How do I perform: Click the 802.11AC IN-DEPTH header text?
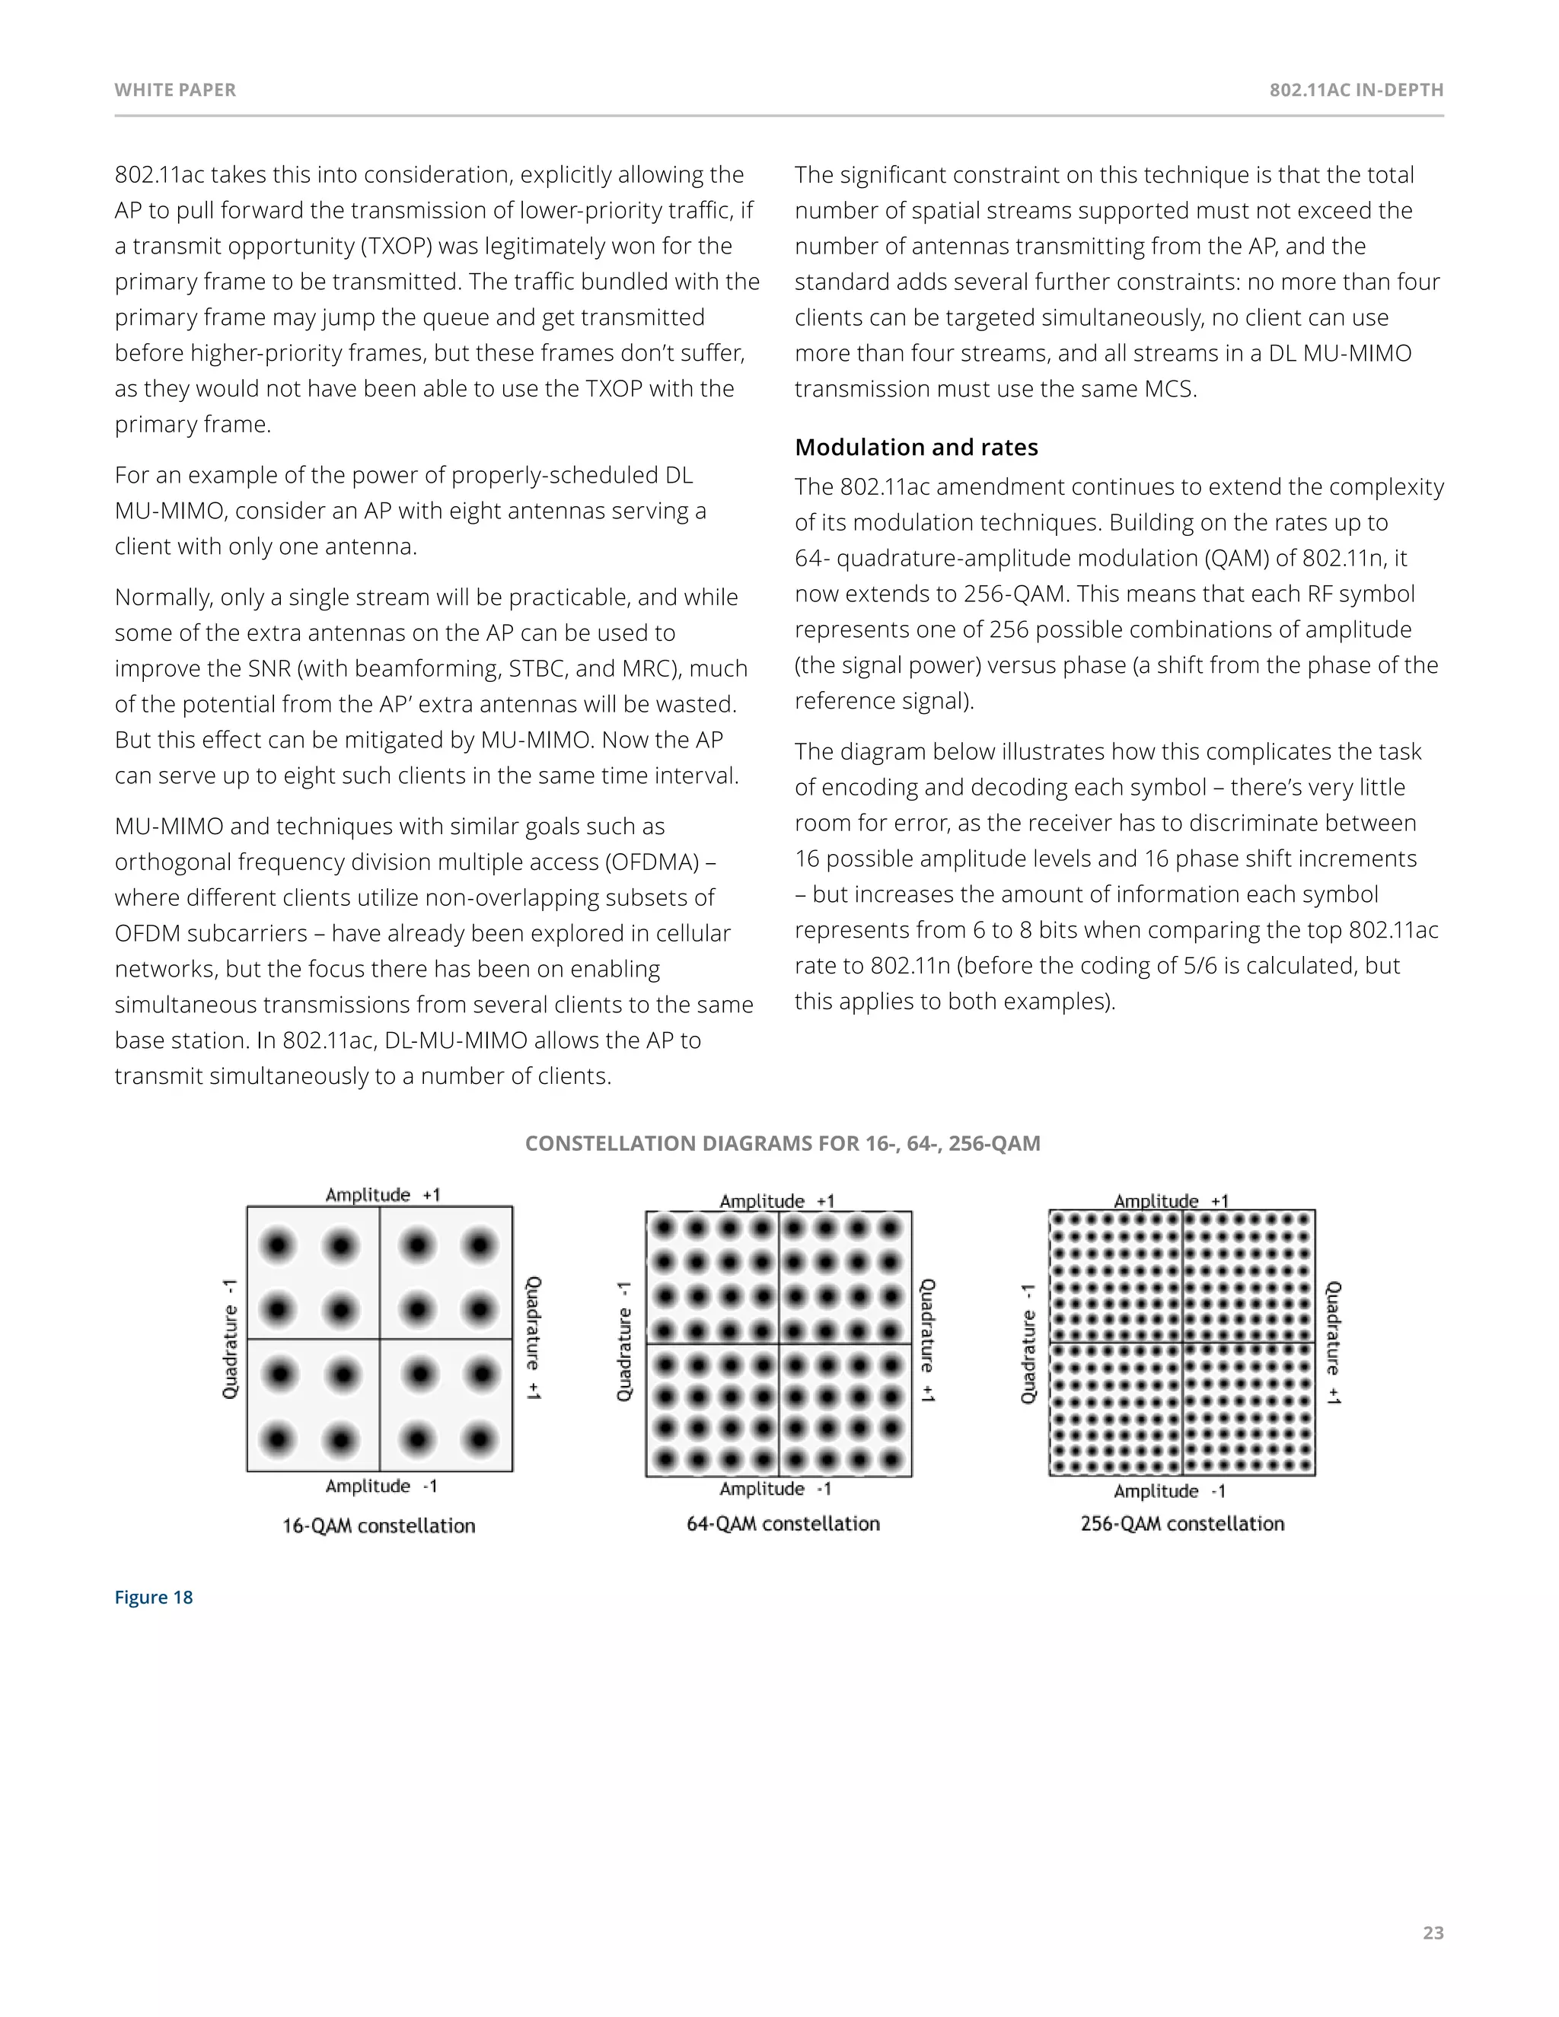1356,91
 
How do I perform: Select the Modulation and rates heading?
917,448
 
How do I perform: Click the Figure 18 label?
153,1598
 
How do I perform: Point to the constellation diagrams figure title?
783,1143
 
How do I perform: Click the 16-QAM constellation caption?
378,1525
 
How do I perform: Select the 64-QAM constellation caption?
783,1524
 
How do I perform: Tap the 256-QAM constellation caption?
1182,1524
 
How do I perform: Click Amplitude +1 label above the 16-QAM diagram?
382,1195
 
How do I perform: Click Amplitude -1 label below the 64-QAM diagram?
776,1489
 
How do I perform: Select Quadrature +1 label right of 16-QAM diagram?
534,1338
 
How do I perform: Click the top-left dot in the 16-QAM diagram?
278,1246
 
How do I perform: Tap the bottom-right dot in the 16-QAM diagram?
480,1439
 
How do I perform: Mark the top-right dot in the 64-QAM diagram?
891,1228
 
